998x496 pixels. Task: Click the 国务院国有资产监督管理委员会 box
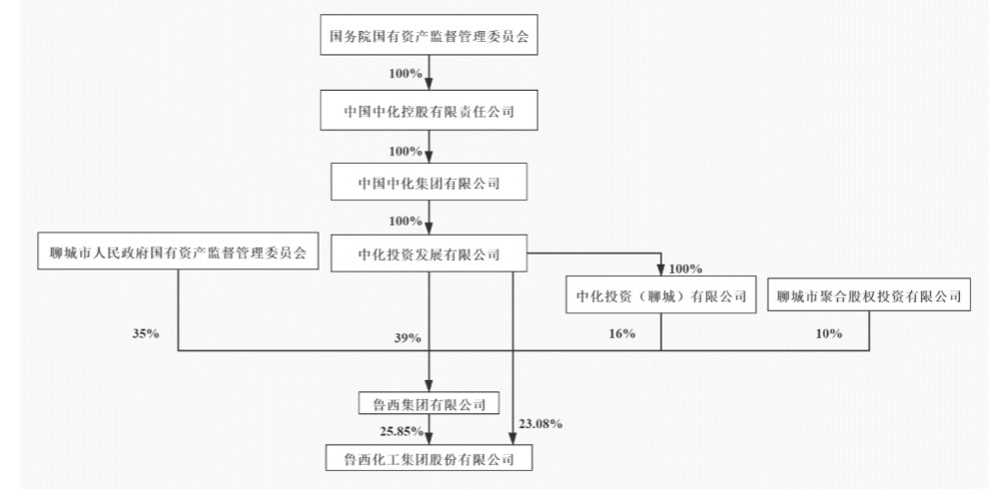pos(429,39)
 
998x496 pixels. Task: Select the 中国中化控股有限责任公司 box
pos(429,111)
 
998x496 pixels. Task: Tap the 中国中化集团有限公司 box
pos(429,183)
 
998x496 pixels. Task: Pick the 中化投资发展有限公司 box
pos(429,253)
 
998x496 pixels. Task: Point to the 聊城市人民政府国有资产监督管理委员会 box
pos(178,253)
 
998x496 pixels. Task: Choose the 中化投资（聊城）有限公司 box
pos(660,295)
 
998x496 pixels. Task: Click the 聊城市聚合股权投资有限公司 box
pos(869,295)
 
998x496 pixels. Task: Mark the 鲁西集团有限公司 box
pos(429,403)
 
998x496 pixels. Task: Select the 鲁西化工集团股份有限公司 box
pos(429,458)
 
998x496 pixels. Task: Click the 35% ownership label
pos(144,333)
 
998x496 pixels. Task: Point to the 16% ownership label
pos(620,333)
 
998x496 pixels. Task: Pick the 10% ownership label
pos(828,333)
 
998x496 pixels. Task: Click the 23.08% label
pos(542,423)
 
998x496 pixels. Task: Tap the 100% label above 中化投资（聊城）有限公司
pos(686,268)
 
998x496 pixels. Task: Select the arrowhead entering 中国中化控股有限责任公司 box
pos(429,87)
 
